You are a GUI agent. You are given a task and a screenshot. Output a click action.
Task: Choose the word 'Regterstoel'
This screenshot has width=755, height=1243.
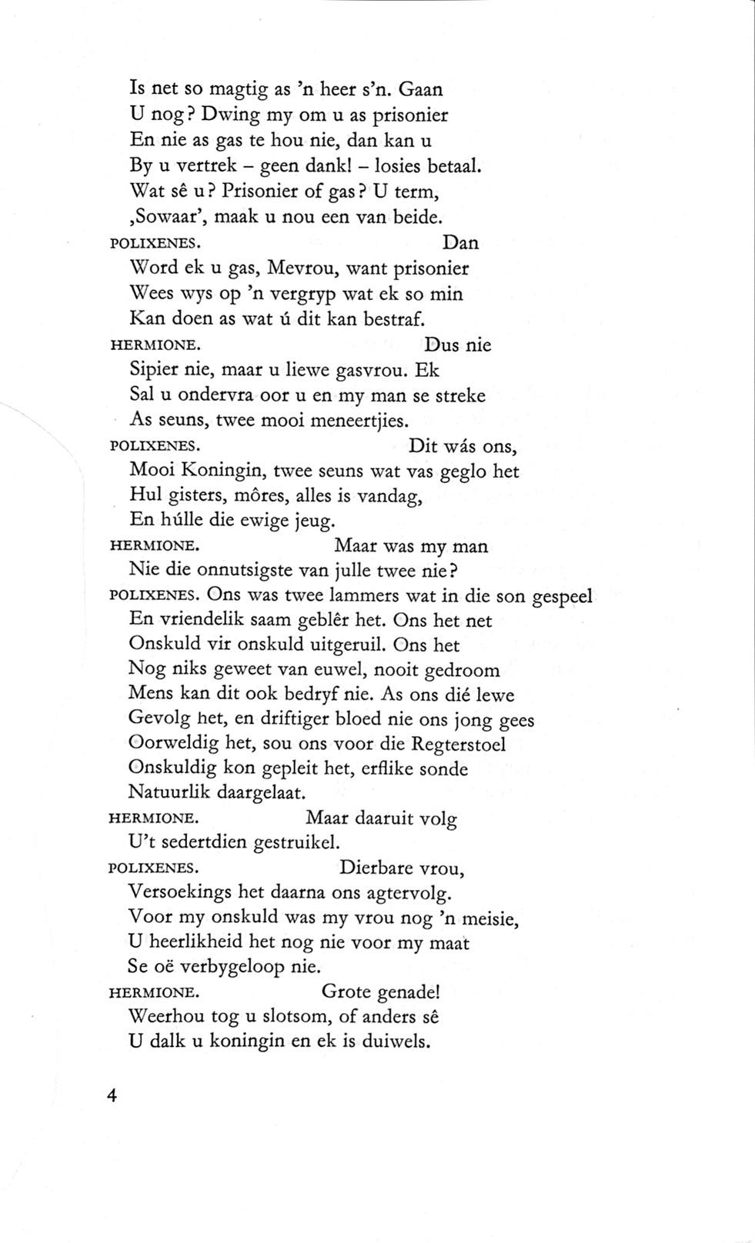(x=459, y=745)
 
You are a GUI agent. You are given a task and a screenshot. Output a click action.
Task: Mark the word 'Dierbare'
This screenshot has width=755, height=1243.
(x=375, y=868)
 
